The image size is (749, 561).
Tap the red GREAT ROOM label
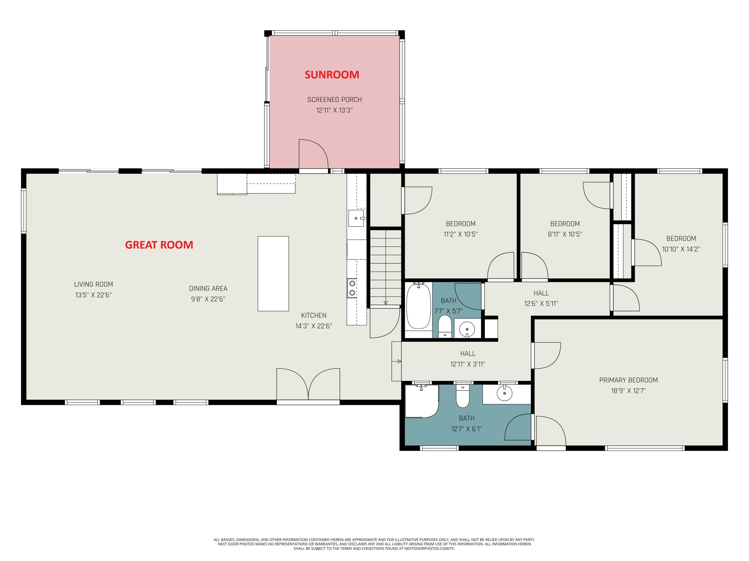(159, 245)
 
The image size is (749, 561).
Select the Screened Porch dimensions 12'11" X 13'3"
(334, 110)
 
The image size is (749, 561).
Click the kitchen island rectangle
(273, 273)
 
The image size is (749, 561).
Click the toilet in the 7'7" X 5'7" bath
(445, 326)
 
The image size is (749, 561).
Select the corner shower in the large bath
(420, 401)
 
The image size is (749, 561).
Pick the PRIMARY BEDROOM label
(628, 380)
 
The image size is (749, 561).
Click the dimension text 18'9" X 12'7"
(628, 390)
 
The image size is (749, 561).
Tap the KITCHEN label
(314, 315)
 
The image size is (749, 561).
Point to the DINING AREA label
(208, 288)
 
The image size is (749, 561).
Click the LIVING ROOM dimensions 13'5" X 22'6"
(93, 295)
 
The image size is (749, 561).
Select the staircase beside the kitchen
(385, 267)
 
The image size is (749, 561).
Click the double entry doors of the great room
(308, 385)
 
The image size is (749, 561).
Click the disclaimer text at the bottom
(374, 544)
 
